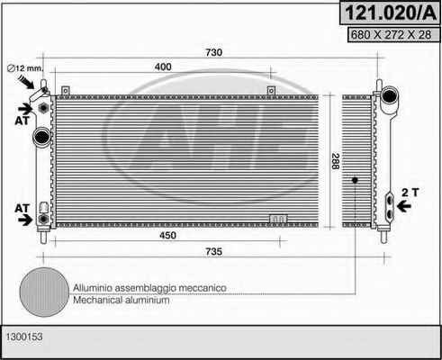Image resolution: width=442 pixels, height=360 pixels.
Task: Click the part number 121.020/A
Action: coord(391,13)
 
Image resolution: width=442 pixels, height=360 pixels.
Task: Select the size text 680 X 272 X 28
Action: coord(391,35)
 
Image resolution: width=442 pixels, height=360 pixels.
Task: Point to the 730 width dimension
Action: coord(213,52)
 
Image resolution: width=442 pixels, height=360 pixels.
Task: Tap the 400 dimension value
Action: coord(163,67)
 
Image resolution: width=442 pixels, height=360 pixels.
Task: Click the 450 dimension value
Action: coord(167,235)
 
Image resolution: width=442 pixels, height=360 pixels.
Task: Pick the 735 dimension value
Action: coord(213,251)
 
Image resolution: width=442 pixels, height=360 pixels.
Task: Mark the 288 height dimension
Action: coord(336,161)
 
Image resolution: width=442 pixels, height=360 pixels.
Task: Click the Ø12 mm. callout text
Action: coord(25,68)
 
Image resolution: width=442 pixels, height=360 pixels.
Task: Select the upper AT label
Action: coord(23,121)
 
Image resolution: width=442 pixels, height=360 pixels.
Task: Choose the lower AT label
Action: coord(23,208)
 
